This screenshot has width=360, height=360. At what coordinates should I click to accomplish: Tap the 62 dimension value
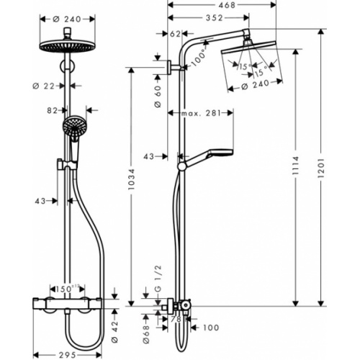[x=176, y=33]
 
